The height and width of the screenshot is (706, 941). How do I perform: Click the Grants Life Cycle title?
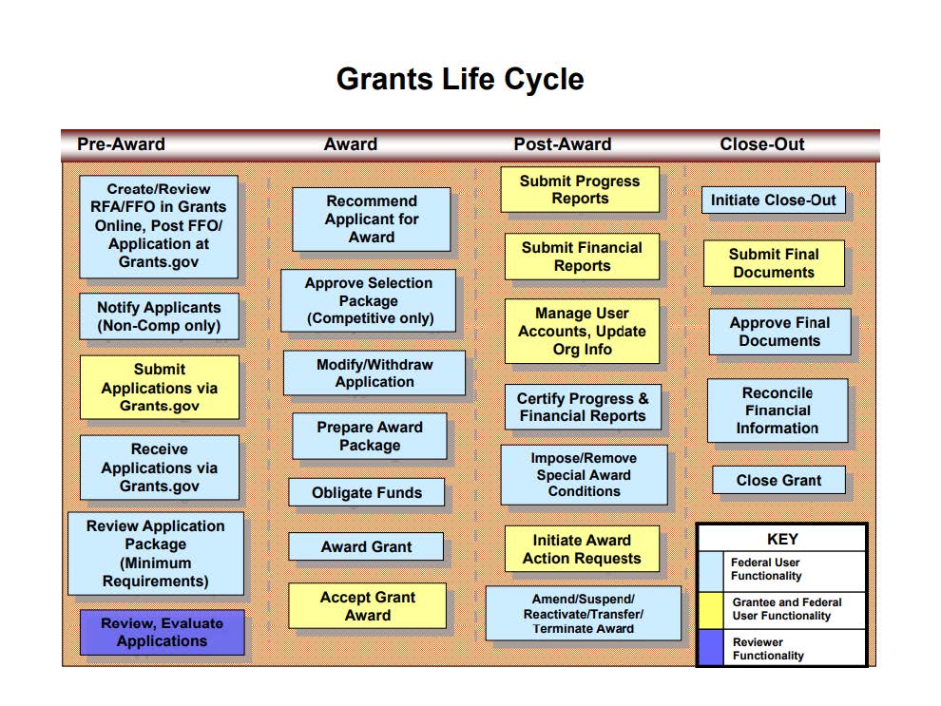click(460, 79)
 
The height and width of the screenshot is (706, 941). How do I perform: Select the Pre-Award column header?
click(121, 144)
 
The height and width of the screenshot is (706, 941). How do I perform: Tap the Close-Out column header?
click(761, 144)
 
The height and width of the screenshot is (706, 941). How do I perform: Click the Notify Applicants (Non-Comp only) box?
click(158, 316)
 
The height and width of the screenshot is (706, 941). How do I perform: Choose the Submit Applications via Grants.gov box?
click(159, 388)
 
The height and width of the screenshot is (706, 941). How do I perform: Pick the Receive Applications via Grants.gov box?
click(159, 467)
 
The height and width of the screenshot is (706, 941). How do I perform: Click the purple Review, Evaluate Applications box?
click(162, 632)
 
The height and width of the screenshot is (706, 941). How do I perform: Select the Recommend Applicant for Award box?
click(371, 219)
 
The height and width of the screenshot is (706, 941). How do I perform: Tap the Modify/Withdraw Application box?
click(374, 372)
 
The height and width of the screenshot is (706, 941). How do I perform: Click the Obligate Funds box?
click(366, 492)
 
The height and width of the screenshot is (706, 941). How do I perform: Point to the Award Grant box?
click(366, 546)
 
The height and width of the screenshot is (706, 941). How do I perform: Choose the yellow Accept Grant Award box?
click(367, 606)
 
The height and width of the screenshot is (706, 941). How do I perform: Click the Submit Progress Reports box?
click(580, 189)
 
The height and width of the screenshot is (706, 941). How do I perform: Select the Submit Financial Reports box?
click(582, 257)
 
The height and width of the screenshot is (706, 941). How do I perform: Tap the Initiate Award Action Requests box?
click(582, 549)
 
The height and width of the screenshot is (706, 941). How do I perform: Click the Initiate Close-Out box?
click(773, 200)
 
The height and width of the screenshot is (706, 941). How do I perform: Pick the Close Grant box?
click(778, 480)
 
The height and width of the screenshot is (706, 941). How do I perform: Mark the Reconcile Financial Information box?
click(777, 410)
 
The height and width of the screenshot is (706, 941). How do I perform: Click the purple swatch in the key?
click(711, 648)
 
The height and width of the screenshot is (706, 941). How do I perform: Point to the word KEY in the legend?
click(782, 539)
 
